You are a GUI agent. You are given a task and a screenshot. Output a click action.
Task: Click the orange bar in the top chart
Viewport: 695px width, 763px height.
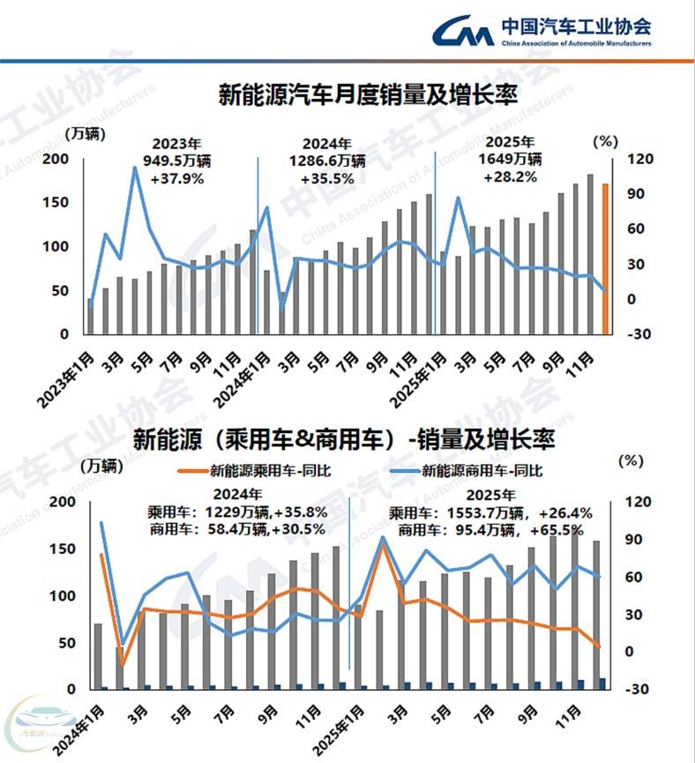coord(605,259)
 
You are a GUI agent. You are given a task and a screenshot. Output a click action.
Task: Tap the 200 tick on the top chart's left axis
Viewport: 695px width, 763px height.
coord(56,159)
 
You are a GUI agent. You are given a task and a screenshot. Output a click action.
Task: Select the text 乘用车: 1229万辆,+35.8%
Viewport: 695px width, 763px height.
coord(237,512)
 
